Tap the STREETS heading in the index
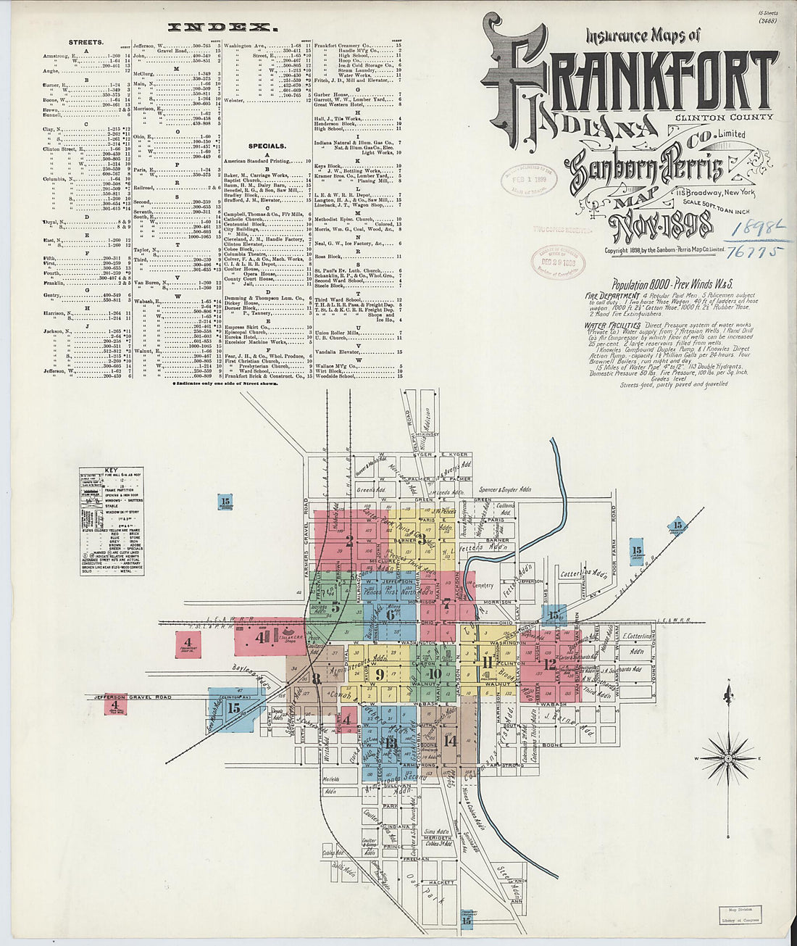click(x=86, y=43)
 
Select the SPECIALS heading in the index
click(x=267, y=146)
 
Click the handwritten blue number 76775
click(x=748, y=252)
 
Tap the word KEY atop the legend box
click(x=111, y=470)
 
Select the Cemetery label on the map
click(x=483, y=585)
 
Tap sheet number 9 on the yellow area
click(x=379, y=674)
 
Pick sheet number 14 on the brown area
click(x=451, y=741)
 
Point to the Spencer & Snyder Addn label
click(x=505, y=489)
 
